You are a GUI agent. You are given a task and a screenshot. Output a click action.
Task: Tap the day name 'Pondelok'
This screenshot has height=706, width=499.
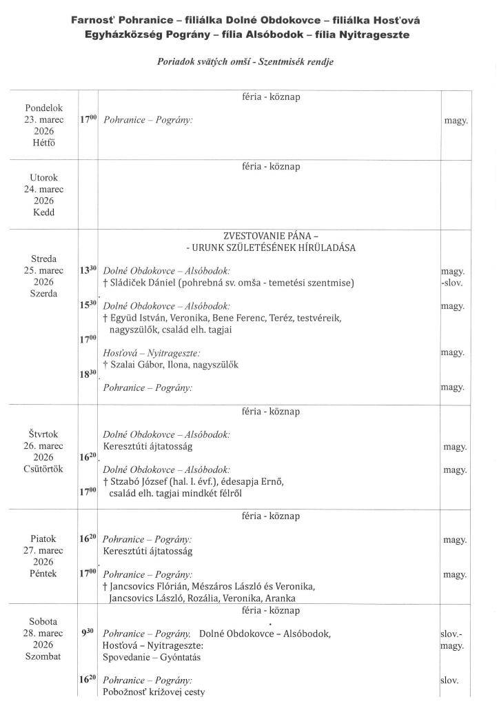[44, 108]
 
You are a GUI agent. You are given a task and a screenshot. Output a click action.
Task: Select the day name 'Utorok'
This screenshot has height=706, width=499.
[44, 177]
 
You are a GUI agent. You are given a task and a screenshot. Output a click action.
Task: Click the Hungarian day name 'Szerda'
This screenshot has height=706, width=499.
[44, 294]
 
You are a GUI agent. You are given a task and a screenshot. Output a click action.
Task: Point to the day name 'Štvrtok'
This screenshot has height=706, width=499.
[44, 434]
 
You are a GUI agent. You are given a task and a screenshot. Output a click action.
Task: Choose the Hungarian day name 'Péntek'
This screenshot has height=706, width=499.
[44, 574]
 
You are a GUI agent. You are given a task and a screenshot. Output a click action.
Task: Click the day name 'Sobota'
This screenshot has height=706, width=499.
[44, 621]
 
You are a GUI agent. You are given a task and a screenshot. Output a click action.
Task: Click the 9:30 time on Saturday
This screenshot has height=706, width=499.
[89, 632]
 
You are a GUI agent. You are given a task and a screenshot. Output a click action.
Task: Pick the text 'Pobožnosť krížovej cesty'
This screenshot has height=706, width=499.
[154, 692]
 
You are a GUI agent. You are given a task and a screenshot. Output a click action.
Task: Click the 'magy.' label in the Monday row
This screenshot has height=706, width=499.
[456, 120]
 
